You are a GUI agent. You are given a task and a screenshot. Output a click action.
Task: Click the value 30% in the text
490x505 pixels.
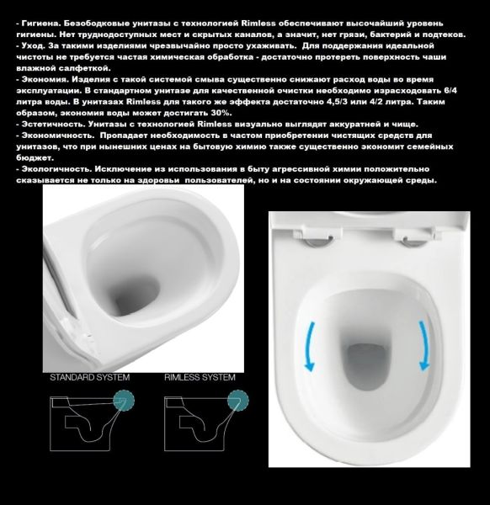pos(218,112)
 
